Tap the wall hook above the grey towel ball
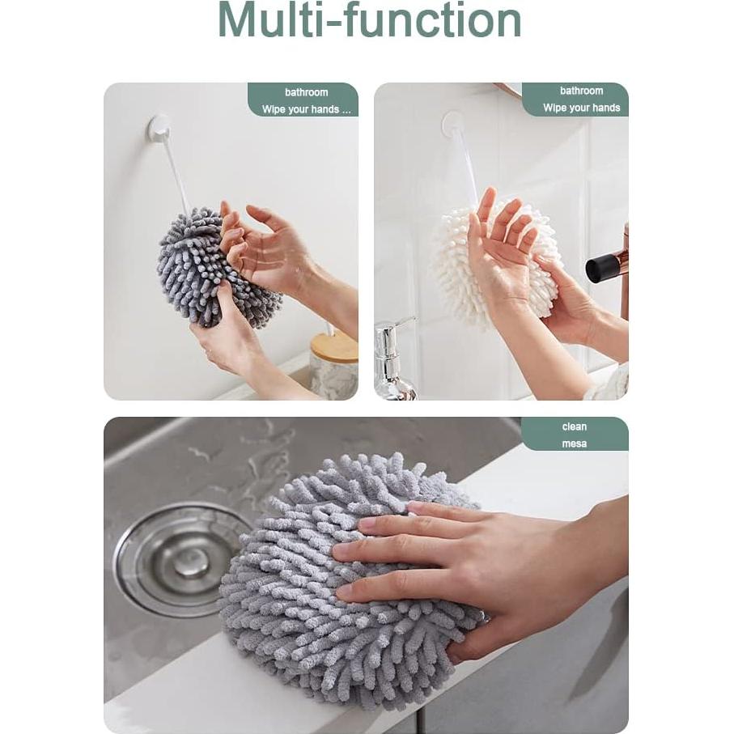tap(159, 128)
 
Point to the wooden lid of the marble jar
tap(334, 346)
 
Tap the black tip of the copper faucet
tap(602, 267)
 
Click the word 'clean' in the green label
tap(575, 426)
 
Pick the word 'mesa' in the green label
tap(575, 443)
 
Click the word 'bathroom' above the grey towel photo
tap(306, 92)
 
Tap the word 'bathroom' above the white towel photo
tap(581, 91)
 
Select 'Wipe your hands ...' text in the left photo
tap(306, 109)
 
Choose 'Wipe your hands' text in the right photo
tap(581, 108)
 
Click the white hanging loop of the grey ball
tap(176, 174)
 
